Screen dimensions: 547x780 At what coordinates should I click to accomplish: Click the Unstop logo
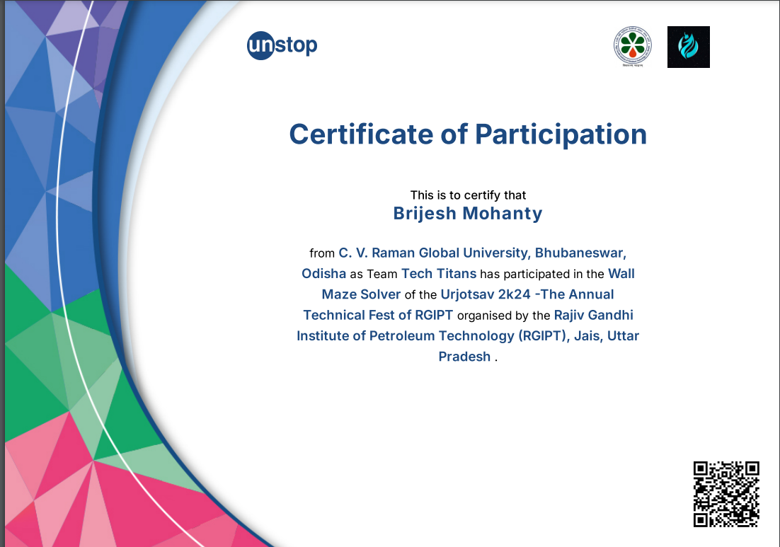[x=282, y=47]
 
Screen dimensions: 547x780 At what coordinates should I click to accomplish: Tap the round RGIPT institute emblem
[x=632, y=47]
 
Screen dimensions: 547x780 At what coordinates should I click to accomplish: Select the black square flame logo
[x=688, y=47]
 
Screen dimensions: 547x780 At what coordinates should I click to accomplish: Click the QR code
[x=726, y=494]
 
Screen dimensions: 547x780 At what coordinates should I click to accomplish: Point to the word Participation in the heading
[x=561, y=134]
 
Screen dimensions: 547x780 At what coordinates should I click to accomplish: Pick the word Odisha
[x=323, y=273]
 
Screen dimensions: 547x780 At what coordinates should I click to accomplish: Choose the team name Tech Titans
[x=439, y=273]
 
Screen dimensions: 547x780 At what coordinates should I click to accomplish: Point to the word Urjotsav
[x=467, y=294]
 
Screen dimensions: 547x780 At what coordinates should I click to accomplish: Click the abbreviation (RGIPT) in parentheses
[x=544, y=335]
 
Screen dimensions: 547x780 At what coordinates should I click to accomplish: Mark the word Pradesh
[x=464, y=357]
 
